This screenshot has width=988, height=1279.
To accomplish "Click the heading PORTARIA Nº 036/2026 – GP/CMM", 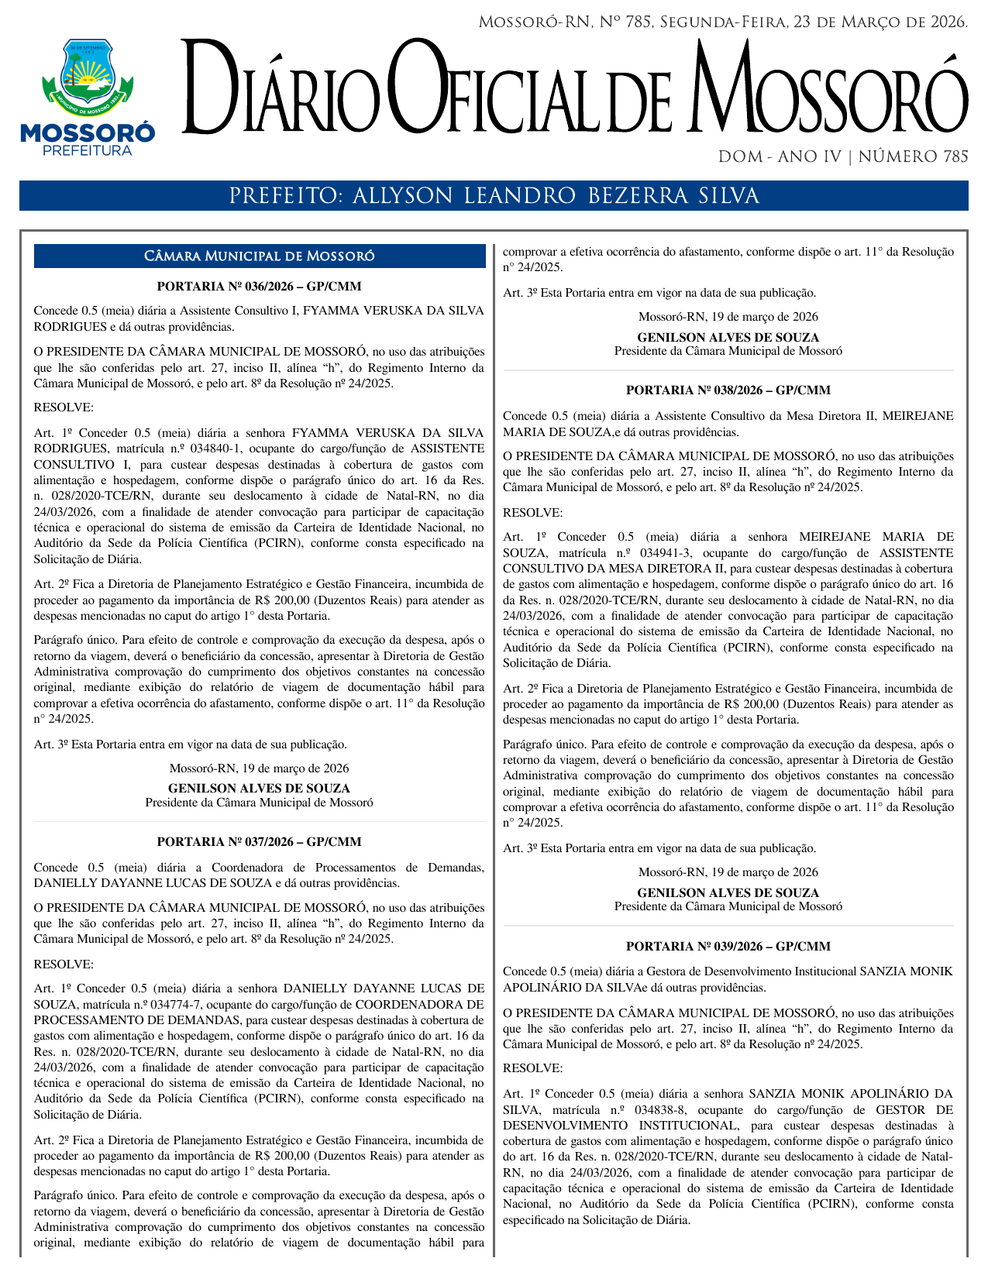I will (x=259, y=286).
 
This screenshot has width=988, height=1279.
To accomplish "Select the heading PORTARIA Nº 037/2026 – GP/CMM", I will (x=259, y=841).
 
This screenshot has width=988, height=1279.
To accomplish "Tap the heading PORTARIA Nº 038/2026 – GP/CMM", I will (x=728, y=390).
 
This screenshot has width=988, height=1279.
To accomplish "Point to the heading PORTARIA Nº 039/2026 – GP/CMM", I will (x=728, y=946).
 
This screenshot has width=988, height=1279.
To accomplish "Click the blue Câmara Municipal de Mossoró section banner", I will (x=259, y=256).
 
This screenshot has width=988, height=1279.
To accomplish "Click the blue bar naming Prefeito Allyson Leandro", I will (x=494, y=196).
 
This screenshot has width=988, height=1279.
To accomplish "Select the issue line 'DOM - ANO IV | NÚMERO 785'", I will (x=843, y=157).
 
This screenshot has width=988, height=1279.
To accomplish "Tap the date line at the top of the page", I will (x=723, y=22).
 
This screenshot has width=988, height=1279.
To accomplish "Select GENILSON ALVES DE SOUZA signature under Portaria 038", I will (x=728, y=892).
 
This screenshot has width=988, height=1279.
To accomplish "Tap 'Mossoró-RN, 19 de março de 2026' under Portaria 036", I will (x=259, y=768).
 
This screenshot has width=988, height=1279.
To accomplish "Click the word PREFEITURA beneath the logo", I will (x=88, y=150).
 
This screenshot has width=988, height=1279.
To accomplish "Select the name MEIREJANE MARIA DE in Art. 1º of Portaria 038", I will (x=876, y=537).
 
